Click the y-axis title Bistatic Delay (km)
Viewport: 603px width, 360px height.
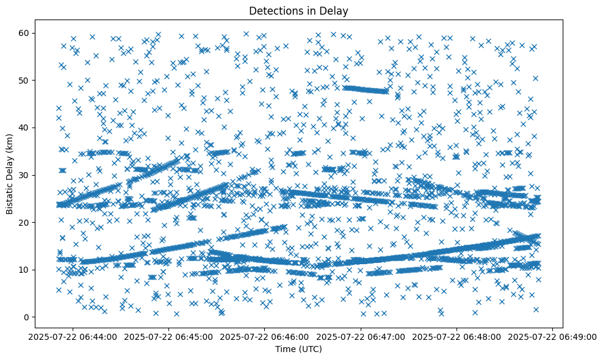10,173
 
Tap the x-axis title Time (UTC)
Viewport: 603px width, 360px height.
299,350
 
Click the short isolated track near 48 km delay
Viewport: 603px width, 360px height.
365,90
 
